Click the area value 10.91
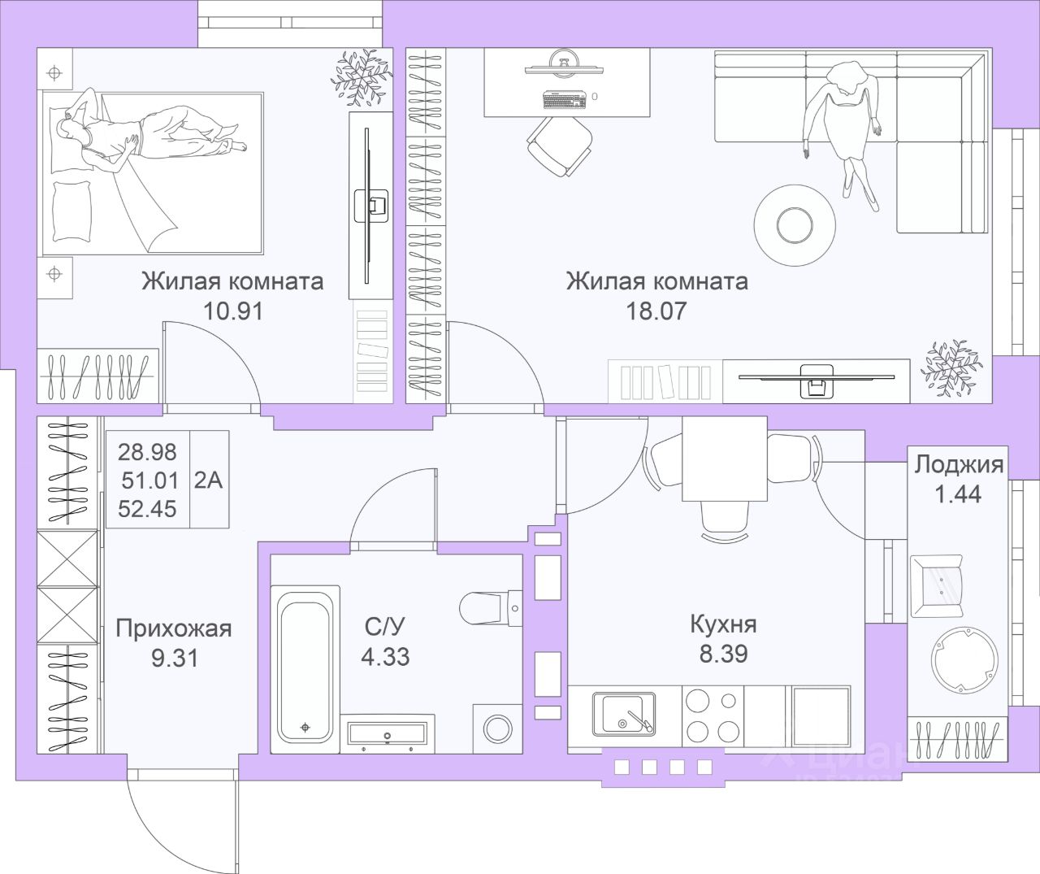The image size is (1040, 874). (232, 310)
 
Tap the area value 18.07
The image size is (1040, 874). (656, 310)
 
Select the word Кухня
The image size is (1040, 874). (723, 624)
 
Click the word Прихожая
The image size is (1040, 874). (174, 628)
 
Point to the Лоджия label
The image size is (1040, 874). (959, 465)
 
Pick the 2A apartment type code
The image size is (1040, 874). (209, 479)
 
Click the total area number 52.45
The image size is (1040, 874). (148, 508)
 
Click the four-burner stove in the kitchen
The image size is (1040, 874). (712, 713)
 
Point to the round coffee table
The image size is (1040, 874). (795, 221)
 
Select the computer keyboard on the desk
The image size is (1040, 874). (564, 100)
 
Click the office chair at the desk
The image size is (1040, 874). (559, 144)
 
